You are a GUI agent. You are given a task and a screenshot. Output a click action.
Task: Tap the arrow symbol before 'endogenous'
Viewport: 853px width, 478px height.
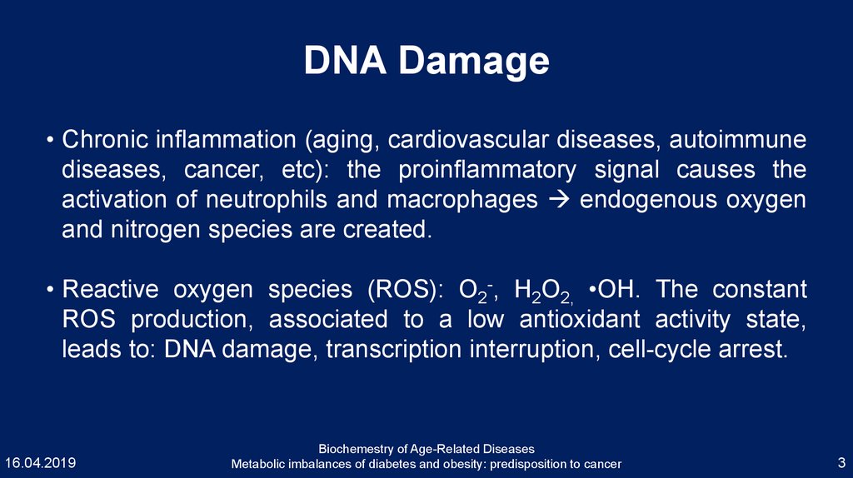pyautogui.click(x=558, y=200)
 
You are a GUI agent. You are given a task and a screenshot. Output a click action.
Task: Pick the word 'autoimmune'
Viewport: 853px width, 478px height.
pyautogui.click(x=738, y=140)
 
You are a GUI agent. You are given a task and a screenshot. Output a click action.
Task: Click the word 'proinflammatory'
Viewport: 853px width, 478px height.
pyautogui.click(x=486, y=170)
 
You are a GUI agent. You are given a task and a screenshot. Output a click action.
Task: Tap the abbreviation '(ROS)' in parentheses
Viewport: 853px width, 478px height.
pyautogui.click(x=406, y=289)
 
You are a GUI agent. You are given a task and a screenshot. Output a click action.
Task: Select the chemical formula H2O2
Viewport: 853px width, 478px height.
pyautogui.click(x=543, y=291)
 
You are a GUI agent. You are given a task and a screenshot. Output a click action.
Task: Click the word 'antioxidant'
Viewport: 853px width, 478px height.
pyautogui.click(x=580, y=319)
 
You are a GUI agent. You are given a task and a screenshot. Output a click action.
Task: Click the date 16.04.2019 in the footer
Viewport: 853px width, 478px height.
pyautogui.click(x=40, y=463)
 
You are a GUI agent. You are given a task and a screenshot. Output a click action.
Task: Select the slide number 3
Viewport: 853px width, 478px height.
pyautogui.click(x=841, y=463)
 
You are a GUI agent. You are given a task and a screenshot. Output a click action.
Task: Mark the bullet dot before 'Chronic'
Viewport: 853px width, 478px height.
pyautogui.click(x=50, y=141)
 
